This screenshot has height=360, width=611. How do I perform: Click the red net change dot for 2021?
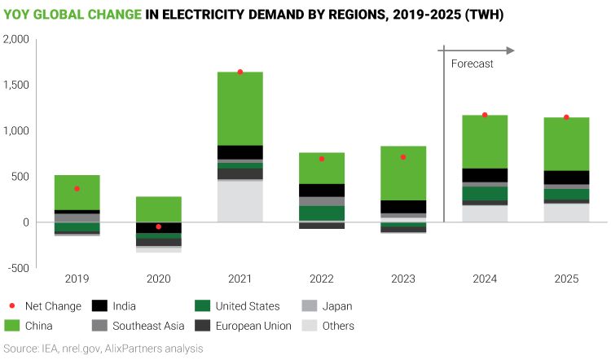point(240,72)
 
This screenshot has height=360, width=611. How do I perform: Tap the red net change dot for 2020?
point(158,226)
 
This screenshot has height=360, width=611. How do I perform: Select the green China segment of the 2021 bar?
point(240,108)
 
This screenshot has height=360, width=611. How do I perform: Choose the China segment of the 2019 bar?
point(77,192)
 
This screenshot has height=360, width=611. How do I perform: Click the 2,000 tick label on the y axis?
point(15,39)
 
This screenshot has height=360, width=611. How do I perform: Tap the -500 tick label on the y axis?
point(17,268)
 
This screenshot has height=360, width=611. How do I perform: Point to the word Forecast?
point(472,64)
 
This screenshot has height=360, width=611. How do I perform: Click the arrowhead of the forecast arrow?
point(511,50)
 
